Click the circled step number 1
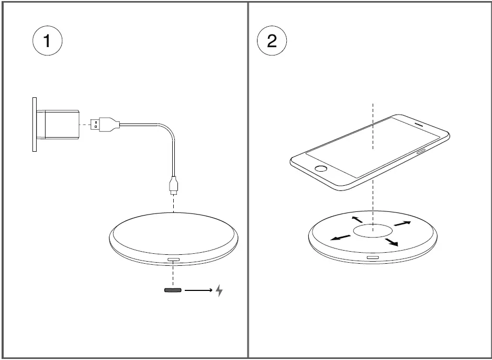point(47,41)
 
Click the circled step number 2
point(272,41)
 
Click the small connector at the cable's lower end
point(173,186)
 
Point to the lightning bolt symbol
point(219,290)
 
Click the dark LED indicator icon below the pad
point(173,290)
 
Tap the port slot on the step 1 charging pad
point(173,260)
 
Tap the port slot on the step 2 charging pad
point(373,257)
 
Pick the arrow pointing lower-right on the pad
point(392,242)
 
